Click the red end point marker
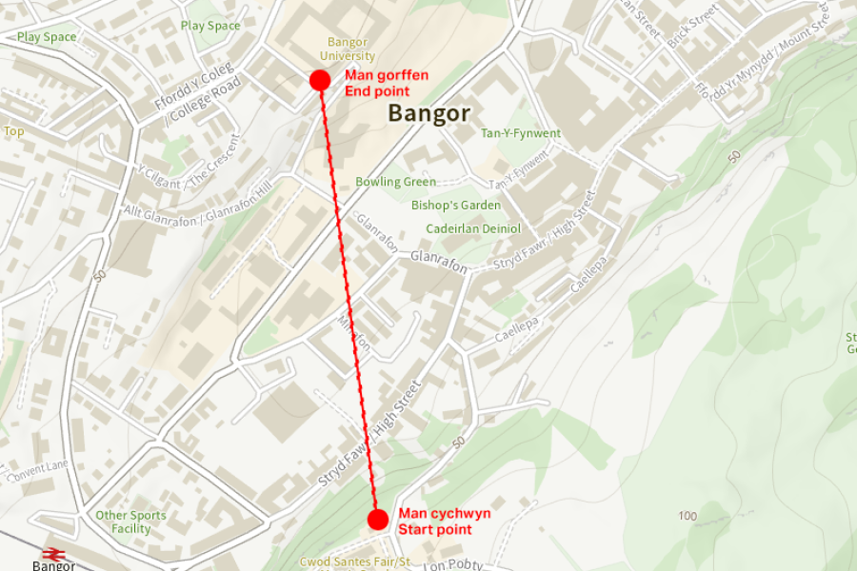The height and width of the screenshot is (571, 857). click(320, 80)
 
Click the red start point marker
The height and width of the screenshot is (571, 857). click(377, 520)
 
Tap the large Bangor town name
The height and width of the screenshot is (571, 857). click(428, 113)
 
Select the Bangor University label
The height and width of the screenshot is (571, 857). click(347, 49)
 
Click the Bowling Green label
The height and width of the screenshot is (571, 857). click(395, 182)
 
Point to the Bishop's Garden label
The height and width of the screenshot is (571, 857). click(455, 206)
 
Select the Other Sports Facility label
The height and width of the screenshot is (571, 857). click(130, 522)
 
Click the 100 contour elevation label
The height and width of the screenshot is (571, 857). click(688, 516)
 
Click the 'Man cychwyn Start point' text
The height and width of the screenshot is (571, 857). click(444, 521)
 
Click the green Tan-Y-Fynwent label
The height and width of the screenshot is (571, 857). click(521, 134)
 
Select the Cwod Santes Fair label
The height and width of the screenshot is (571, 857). click(354, 562)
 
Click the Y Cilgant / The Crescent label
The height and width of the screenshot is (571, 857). click(189, 159)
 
